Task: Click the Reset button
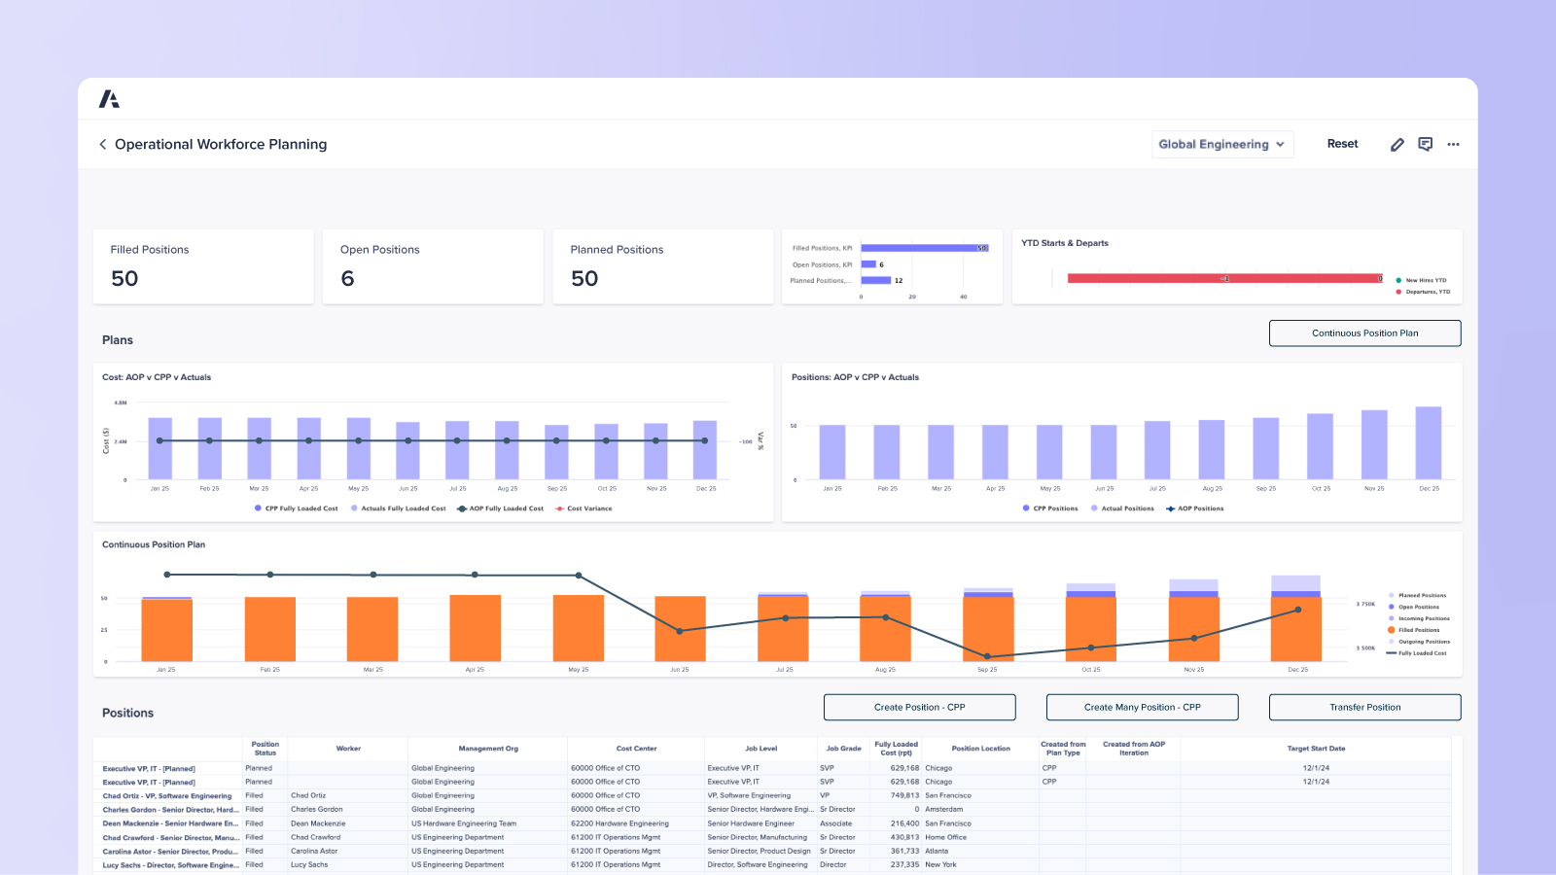(1342, 144)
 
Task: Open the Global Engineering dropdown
(1221, 144)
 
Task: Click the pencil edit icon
(1397, 144)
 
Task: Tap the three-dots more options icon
(1453, 144)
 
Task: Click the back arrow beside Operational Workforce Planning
(103, 144)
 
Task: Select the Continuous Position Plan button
(1364, 333)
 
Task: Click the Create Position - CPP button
(919, 707)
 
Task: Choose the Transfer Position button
(1364, 707)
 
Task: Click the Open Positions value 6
(347, 279)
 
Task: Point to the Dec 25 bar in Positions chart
(1428, 443)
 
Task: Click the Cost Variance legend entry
(588, 508)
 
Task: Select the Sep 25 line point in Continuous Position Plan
(987, 656)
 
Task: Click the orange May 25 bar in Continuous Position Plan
(578, 628)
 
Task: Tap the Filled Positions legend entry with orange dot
(1418, 630)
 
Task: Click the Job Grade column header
(843, 749)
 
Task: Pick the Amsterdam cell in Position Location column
(943, 809)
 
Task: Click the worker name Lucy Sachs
(309, 864)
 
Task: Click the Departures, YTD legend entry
(1426, 292)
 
